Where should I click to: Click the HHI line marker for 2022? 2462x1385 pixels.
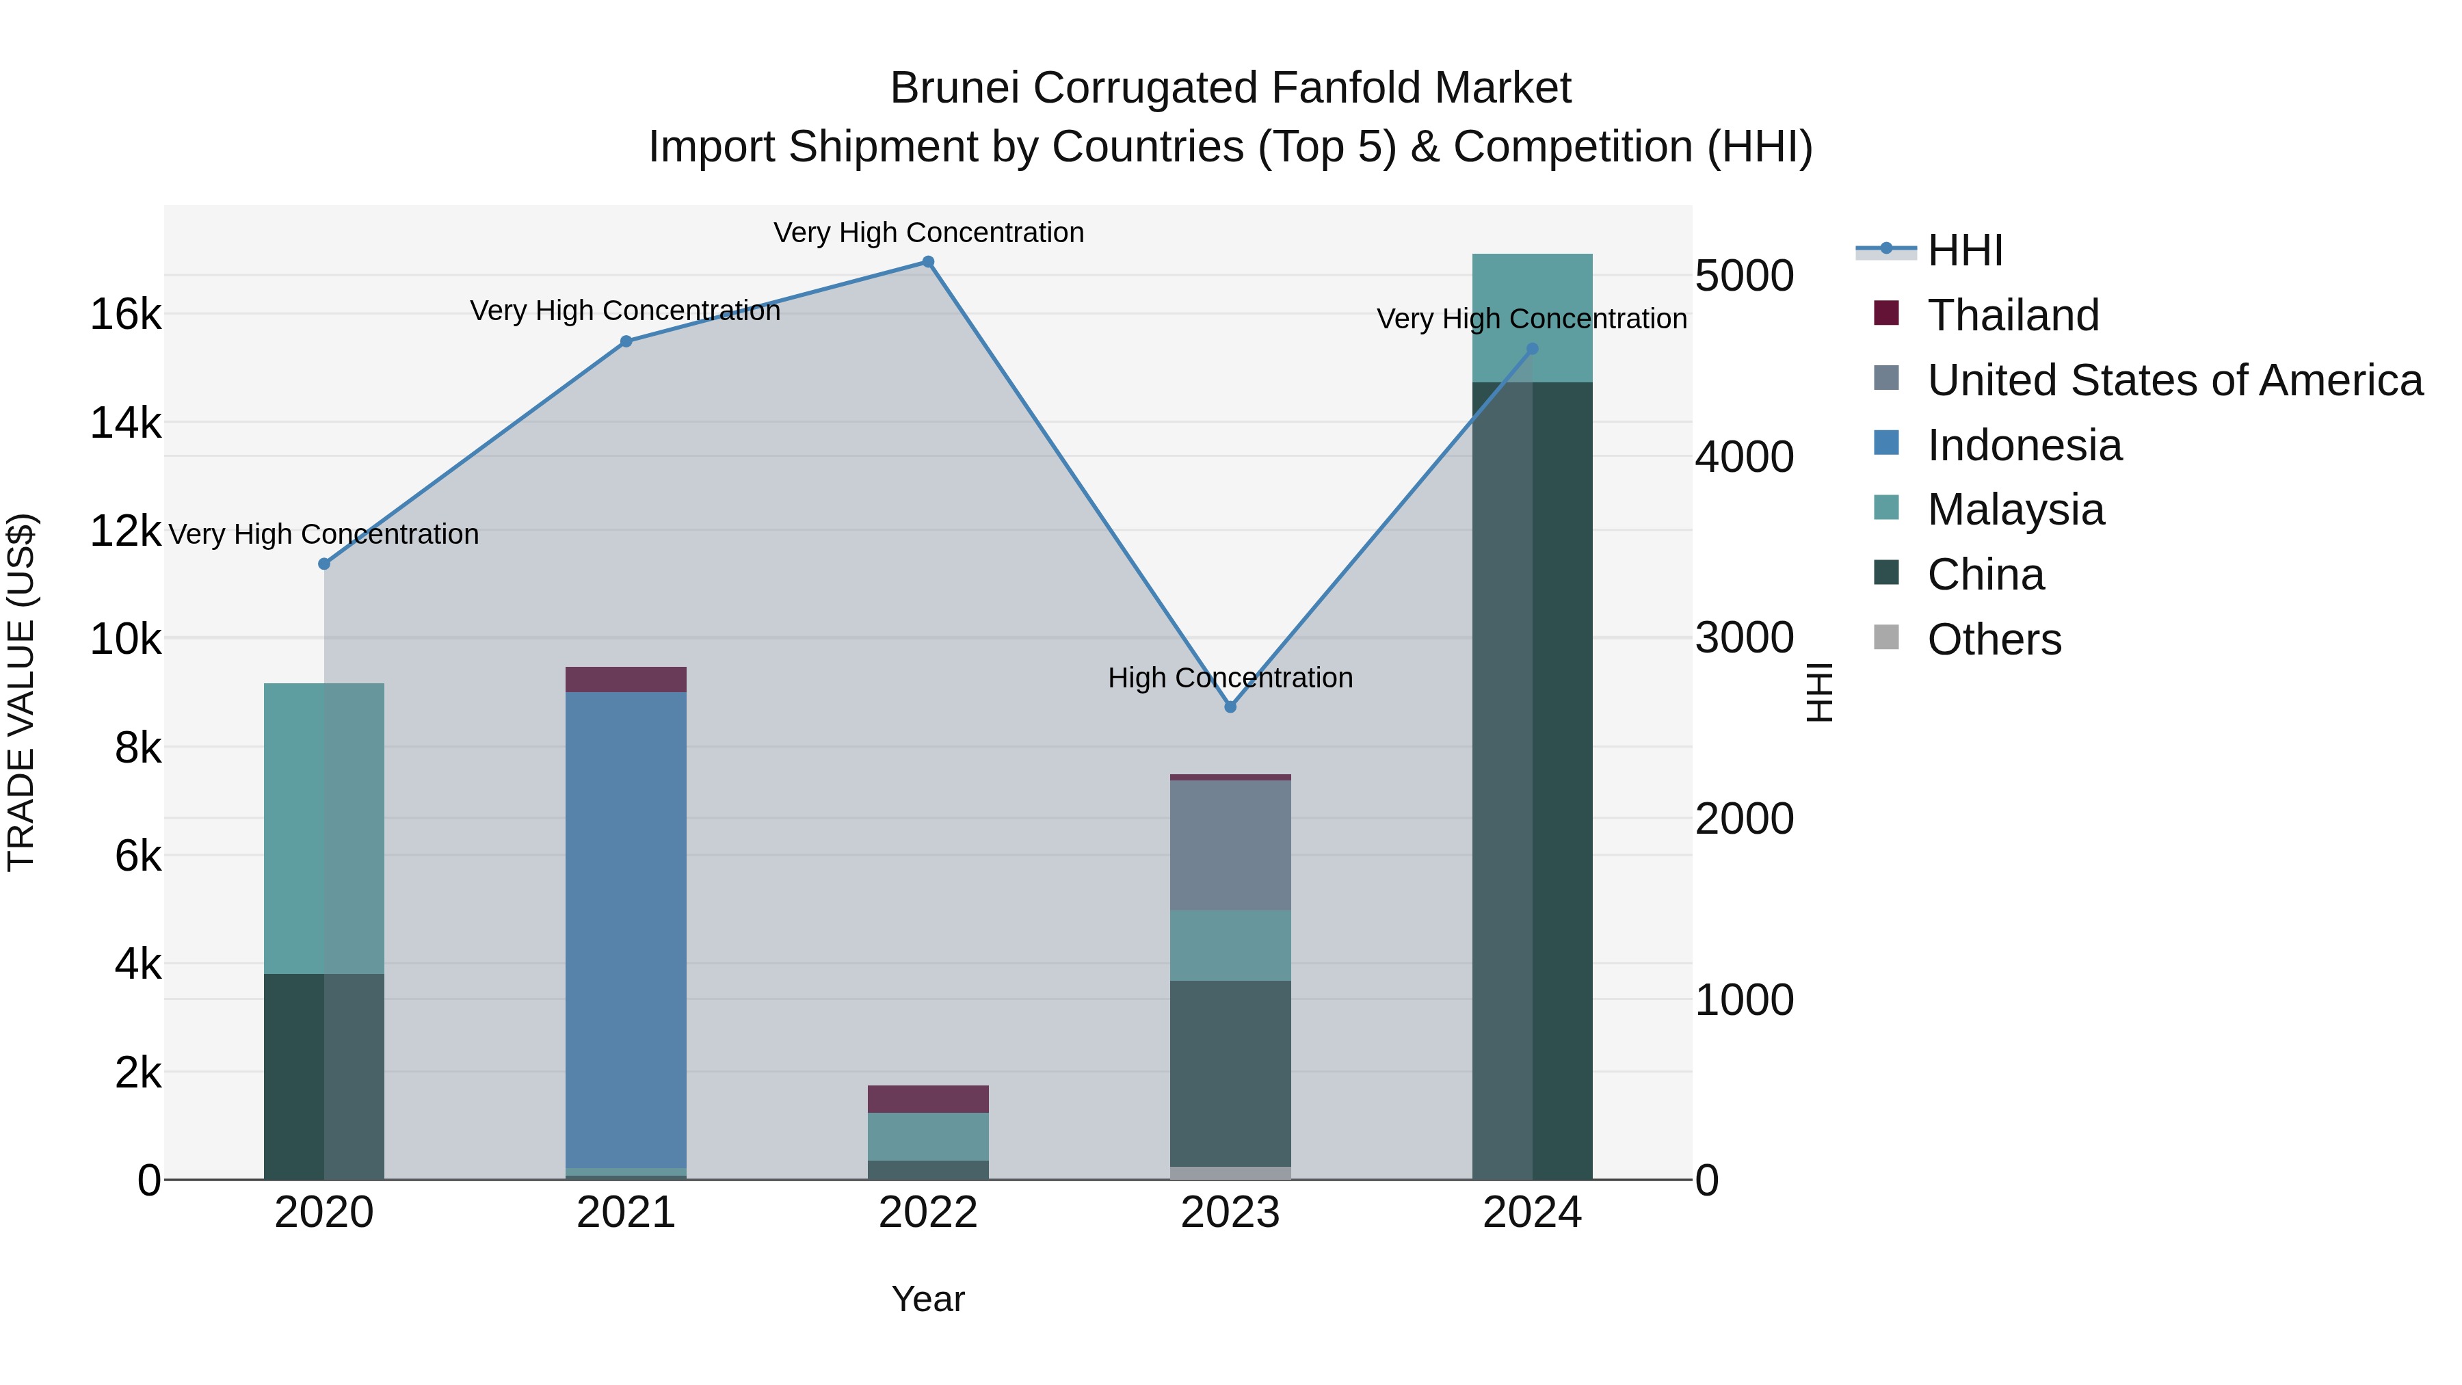click(x=927, y=262)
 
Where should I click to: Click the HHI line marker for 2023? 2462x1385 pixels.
click(x=1230, y=707)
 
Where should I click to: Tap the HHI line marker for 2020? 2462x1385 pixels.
click(x=324, y=564)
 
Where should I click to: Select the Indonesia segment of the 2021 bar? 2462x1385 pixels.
click(x=626, y=927)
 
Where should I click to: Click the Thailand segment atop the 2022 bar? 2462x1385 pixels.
click(x=927, y=1098)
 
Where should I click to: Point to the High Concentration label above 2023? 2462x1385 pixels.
click(x=1230, y=678)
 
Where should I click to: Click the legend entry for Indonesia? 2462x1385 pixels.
click(x=2024, y=445)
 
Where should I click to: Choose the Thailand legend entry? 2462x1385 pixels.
click(x=2013, y=315)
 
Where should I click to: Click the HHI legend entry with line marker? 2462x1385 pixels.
click(x=1964, y=250)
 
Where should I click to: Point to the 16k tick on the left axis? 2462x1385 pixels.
click(x=125, y=315)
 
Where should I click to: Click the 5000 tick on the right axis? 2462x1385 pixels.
click(x=1743, y=276)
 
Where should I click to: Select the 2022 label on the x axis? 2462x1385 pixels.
click(x=927, y=1213)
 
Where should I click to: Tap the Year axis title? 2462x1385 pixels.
click(x=927, y=1299)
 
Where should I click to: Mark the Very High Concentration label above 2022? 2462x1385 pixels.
click(x=927, y=233)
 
